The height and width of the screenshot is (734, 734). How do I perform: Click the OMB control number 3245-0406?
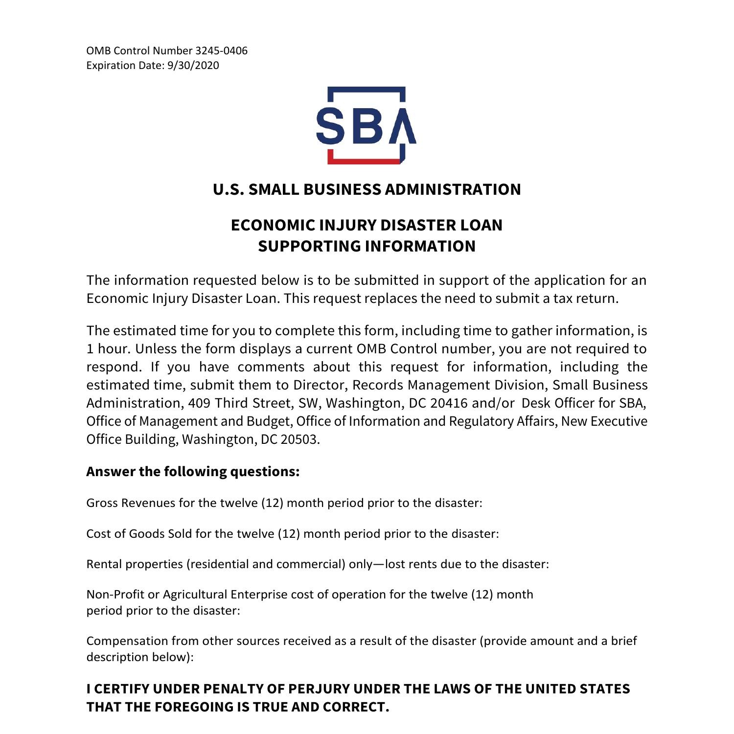click(x=221, y=51)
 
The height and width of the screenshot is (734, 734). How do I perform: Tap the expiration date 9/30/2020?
click(x=193, y=66)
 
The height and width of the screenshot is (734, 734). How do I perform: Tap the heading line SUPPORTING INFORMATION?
click(x=367, y=246)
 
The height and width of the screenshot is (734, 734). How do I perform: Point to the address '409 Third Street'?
click(x=239, y=403)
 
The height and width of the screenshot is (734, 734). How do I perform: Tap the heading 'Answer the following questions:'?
click(x=193, y=472)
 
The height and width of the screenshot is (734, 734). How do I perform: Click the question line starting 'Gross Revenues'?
click(x=284, y=503)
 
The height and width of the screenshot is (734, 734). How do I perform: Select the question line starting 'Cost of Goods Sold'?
click(x=292, y=534)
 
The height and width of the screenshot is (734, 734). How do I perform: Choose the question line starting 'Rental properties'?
click(x=318, y=564)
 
